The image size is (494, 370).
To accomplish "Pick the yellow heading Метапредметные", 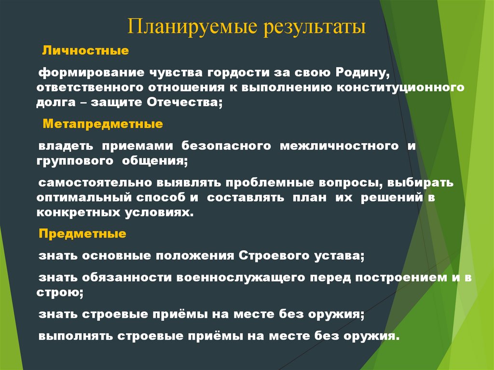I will [103, 124].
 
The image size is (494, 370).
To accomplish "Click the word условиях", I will [165, 212].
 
